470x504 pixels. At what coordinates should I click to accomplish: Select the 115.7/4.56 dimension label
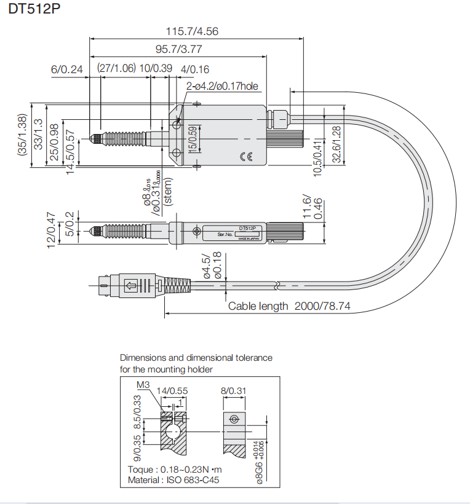193,31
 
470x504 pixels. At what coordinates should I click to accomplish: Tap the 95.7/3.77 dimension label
178,50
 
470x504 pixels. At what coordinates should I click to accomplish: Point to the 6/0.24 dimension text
66,69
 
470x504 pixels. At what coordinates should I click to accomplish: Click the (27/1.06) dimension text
116,68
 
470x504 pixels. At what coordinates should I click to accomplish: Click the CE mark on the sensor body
246,157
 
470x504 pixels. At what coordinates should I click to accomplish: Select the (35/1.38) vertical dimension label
22,141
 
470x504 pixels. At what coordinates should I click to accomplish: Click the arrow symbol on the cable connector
130,285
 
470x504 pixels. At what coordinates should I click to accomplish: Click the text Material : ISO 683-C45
173,480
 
